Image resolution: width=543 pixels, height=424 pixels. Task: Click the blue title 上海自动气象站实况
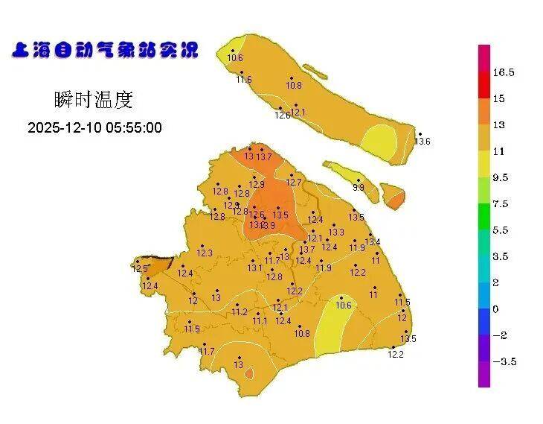point(106,51)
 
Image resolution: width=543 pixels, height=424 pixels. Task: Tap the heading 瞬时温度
point(94,99)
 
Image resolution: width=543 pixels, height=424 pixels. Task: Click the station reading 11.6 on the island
point(244,80)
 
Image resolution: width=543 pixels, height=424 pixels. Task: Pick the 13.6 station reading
point(422,142)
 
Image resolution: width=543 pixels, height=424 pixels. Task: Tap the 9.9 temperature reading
point(359,188)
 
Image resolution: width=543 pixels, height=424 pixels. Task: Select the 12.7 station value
point(294,183)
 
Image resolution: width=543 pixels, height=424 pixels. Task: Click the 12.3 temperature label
point(205,253)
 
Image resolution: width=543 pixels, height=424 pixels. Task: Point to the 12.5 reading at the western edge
point(140,269)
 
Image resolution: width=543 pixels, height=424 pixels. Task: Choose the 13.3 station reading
point(336,232)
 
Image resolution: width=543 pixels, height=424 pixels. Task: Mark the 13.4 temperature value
point(373,242)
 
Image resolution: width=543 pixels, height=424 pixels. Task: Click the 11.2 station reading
point(239,312)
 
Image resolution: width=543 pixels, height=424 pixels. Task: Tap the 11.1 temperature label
point(260,321)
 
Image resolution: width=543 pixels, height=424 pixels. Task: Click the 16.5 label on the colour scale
point(504,72)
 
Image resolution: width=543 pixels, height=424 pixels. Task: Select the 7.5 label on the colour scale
point(501,204)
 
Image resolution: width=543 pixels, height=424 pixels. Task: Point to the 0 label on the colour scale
point(495,309)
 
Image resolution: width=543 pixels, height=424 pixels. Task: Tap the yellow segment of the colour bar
point(483,164)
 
